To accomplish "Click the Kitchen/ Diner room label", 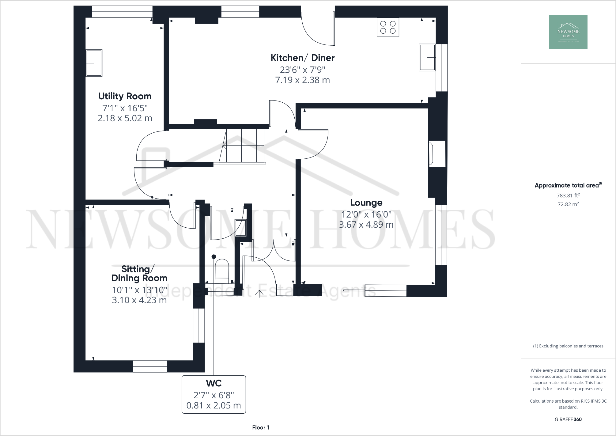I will click(302, 58).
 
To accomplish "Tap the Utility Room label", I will click(125, 96).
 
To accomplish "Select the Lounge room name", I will click(366, 203).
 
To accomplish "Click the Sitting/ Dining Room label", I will click(139, 274).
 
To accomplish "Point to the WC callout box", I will click(214, 394).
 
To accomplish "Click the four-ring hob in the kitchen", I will click(388, 27).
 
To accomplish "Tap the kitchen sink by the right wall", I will click(427, 57).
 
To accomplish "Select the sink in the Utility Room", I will click(94, 63).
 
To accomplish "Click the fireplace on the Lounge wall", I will click(437, 154).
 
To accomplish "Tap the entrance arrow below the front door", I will click(259, 294).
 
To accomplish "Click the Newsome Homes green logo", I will click(568, 32).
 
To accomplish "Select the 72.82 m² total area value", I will click(568, 204).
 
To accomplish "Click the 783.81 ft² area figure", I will click(568, 195).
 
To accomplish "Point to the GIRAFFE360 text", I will click(568, 419).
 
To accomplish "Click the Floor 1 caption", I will click(261, 427).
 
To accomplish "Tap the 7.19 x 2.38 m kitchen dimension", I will click(302, 80).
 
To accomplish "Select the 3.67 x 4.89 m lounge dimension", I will click(366, 225).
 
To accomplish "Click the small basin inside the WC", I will click(240, 228).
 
